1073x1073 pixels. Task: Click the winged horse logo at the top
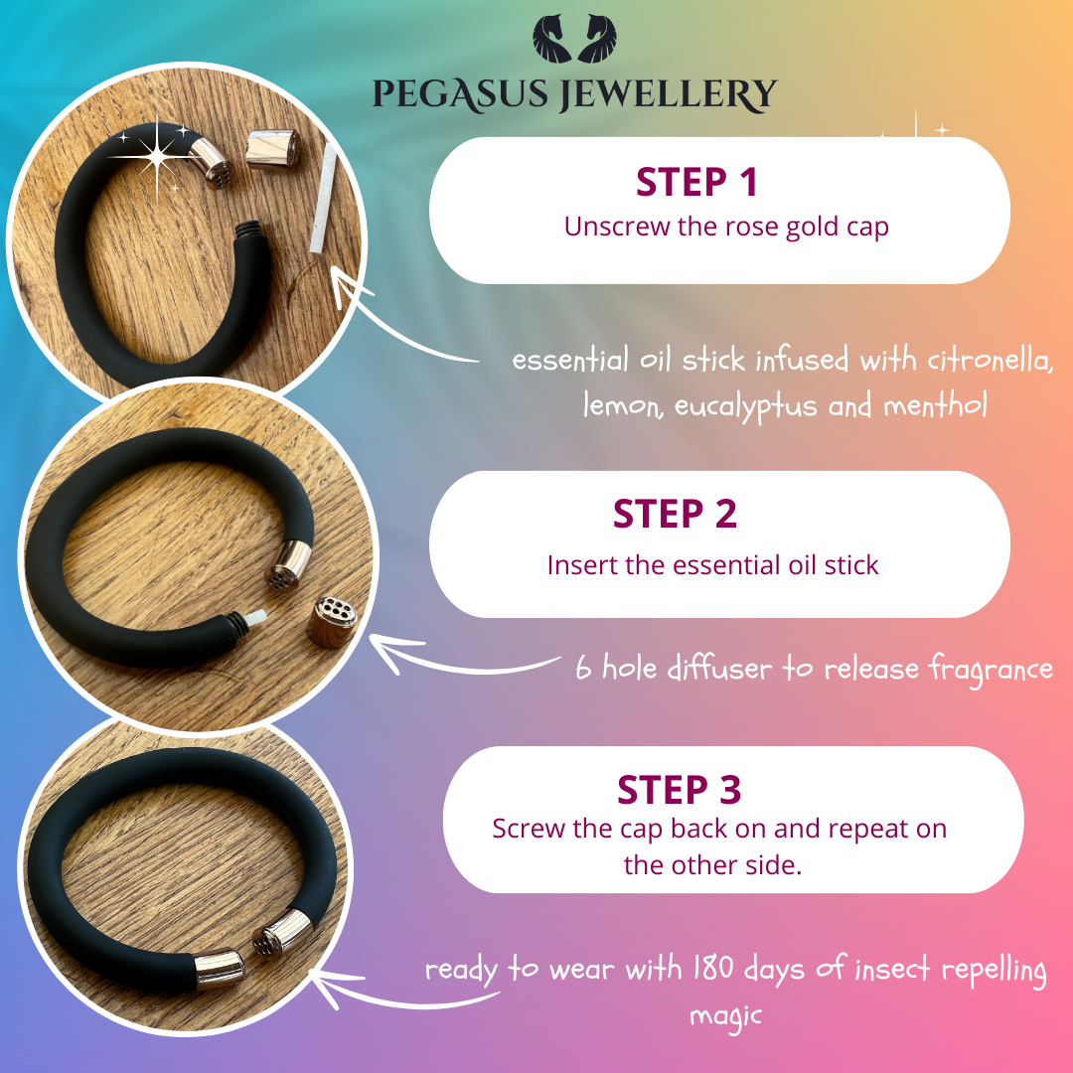click(574, 39)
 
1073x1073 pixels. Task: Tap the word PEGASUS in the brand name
click(460, 94)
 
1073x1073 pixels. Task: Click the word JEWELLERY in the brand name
click(669, 94)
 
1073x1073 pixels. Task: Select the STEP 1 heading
click(696, 182)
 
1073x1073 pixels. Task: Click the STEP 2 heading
click(675, 514)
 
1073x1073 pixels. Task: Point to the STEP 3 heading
click(679, 790)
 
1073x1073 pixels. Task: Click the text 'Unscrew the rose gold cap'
click(726, 227)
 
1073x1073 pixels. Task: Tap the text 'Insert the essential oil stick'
click(712, 565)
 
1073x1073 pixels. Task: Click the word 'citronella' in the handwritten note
click(989, 360)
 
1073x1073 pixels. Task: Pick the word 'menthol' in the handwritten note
click(935, 404)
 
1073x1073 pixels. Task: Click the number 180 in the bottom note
click(713, 968)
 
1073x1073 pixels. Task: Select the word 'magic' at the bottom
click(725, 1016)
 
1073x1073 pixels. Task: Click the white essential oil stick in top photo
click(323, 198)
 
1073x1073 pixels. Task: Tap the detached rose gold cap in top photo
click(272, 148)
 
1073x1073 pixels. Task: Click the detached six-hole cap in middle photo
click(332, 622)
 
